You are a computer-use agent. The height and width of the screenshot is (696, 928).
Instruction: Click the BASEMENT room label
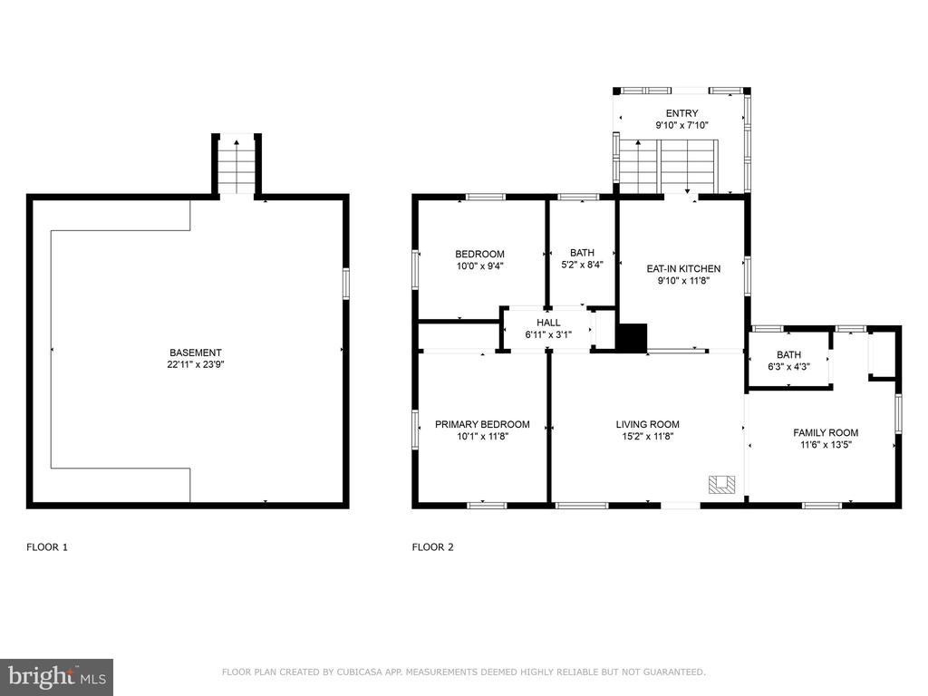196,353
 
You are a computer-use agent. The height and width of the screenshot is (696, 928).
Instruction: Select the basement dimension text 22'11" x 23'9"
196,364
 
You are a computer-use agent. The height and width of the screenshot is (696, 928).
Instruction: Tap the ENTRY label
681,113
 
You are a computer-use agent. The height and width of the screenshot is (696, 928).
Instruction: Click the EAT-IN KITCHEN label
683,268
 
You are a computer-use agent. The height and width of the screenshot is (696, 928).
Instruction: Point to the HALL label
548,323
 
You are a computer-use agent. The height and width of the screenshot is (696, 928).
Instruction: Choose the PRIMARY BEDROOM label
482,424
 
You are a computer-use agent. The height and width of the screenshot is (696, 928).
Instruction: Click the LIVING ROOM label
647,424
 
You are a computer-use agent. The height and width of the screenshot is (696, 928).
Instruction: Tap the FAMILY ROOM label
826,432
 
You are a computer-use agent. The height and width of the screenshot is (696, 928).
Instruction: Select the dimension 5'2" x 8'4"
583,265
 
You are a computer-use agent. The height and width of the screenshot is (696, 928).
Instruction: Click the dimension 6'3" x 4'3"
789,367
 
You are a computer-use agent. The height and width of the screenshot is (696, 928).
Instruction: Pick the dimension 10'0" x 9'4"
480,266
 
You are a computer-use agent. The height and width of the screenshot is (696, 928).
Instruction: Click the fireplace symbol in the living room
722,484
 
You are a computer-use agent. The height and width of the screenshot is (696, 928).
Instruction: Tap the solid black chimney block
632,338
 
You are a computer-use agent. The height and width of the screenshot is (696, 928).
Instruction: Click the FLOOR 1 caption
47,547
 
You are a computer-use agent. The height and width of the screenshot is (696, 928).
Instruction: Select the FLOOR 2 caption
432,547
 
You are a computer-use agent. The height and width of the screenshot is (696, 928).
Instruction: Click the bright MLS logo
57,677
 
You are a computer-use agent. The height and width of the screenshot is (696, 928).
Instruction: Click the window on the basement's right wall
346,284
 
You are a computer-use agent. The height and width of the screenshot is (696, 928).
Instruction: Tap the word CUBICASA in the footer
360,672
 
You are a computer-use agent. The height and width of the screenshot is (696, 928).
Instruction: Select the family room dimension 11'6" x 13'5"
826,445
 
